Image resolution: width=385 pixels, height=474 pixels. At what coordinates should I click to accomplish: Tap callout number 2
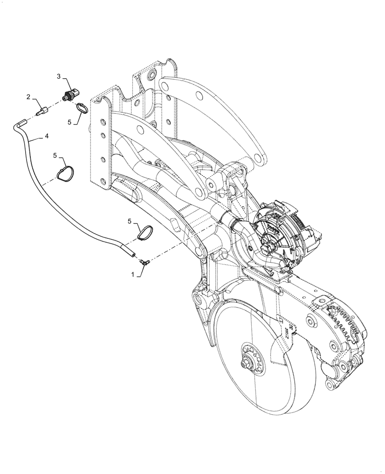(28, 97)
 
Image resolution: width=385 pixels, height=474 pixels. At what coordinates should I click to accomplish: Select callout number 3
(59, 76)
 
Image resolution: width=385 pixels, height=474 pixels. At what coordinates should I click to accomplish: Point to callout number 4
(46, 136)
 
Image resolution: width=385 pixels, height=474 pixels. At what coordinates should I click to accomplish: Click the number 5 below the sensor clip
(69, 122)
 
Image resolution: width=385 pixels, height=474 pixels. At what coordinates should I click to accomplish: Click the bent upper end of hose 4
(18, 124)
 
